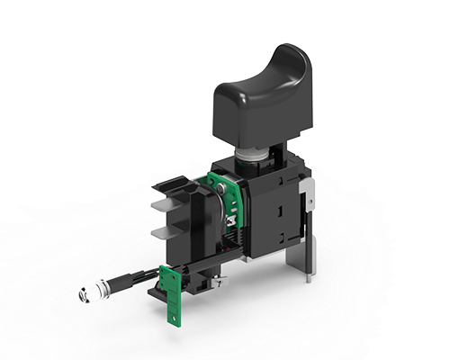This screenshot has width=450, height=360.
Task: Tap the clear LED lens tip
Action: (94, 294)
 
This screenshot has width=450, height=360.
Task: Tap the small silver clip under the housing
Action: (220, 282)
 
